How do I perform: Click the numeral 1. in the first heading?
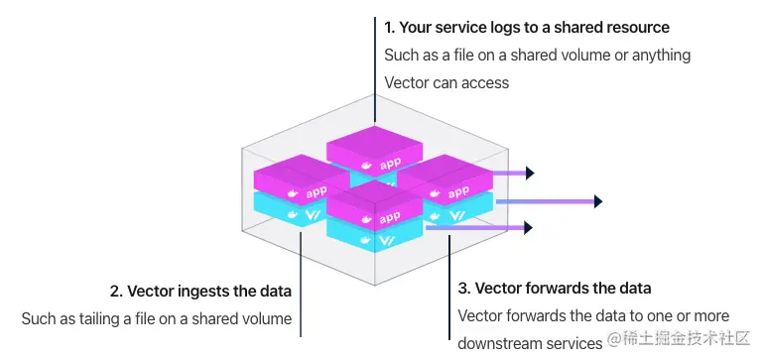click(390, 27)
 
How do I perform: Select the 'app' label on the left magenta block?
click(317, 191)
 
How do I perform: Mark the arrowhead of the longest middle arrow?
click(597, 201)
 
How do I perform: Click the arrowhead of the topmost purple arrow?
click(530, 174)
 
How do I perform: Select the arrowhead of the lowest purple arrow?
click(530, 228)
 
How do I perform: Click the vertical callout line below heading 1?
click(374, 69)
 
